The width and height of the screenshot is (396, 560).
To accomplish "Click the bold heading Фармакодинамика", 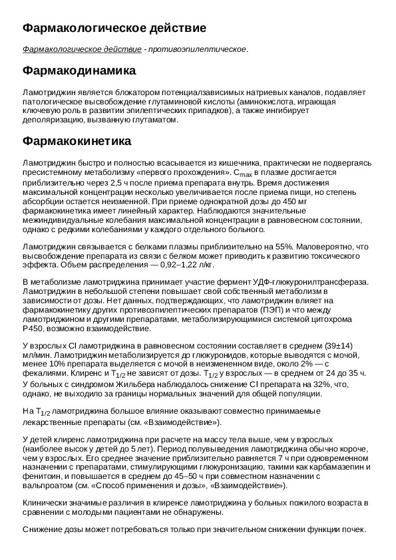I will click(x=79, y=70).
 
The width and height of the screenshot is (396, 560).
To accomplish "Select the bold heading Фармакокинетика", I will click(x=77, y=142).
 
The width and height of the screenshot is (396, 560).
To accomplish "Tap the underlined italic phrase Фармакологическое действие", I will click(x=82, y=49).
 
